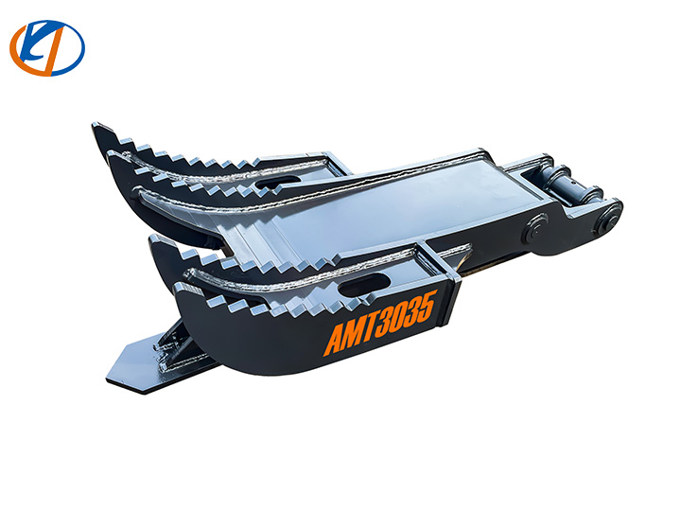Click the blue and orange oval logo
pos(46,47)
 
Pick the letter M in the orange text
pos(353,335)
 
